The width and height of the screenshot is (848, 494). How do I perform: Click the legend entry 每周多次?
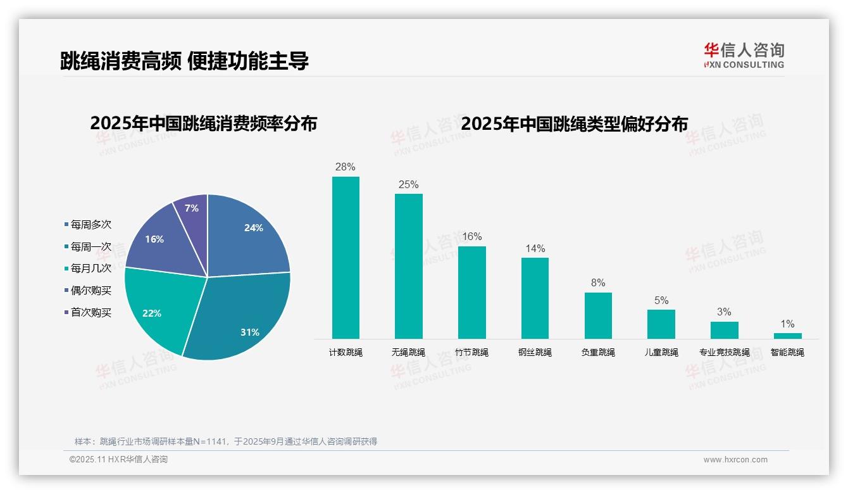tap(90, 224)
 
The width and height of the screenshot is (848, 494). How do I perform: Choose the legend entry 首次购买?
tap(90, 312)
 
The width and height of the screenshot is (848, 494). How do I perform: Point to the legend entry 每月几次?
tap(90, 269)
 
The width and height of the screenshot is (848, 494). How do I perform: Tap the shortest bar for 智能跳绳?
tap(787, 336)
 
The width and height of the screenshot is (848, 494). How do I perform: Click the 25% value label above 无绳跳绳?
tap(408, 185)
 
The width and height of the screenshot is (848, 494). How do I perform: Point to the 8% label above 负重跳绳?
tap(598, 283)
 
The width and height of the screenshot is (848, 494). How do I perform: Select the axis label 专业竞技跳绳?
tap(724, 352)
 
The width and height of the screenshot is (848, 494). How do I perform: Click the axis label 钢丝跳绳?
tap(535, 352)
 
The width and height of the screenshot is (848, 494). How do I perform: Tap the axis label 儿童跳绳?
tap(661, 352)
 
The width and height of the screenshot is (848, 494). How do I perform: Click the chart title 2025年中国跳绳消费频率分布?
tap(203, 123)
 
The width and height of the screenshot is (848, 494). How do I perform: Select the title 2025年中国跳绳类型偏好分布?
tap(574, 123)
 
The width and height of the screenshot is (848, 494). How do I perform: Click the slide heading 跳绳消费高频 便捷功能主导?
tap(184, 61)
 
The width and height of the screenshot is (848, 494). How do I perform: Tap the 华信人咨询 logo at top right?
tap(744, 55)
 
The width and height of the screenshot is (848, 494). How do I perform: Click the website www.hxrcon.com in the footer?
tap(735, 460)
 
